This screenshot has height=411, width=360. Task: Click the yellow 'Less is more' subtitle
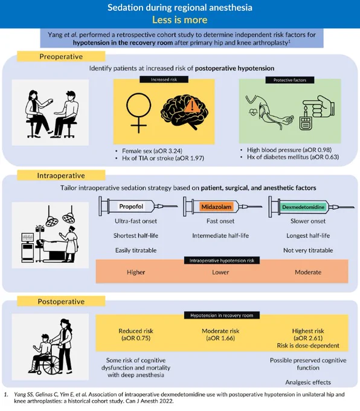[x=180, y=20]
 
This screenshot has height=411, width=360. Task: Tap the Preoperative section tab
[x=61, y=56]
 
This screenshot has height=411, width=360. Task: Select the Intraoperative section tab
[x=61, y=175]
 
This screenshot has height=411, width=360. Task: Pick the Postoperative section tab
[x=61, y=302]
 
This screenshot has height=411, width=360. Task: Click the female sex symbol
[x=138, y=113]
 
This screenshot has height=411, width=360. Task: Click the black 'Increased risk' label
[x=164, y=79]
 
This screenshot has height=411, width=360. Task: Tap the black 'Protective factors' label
[x=290, y=80]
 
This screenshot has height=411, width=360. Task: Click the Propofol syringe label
[x=131, y=207]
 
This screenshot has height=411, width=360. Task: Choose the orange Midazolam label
[x=216, y=207]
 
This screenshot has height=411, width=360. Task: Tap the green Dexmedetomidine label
[x=303, y=207]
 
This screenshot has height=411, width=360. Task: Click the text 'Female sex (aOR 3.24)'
[x=152, y=151]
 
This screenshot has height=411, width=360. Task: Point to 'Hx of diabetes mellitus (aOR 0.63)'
[x=293, y=157]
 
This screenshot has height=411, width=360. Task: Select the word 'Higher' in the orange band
[x=136, y=273]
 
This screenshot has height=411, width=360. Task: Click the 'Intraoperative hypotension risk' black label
[x=222, y=261]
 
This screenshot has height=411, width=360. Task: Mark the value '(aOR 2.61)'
[x=308, y=338]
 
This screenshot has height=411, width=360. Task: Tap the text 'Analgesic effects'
[x=308, y=382]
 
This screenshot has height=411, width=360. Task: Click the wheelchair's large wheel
[x=51, y=364]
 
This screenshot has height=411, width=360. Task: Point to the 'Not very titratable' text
[x=308, y=250]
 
